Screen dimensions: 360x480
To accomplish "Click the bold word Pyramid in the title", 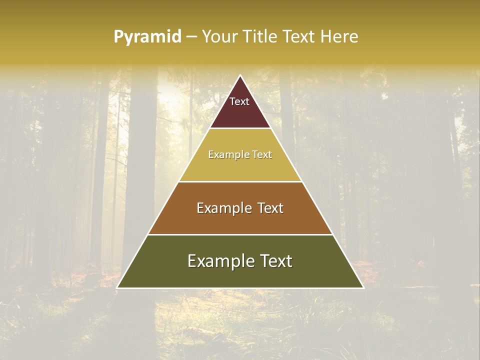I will tap(147, 36).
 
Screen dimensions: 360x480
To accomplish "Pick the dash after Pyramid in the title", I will tap(191, 37).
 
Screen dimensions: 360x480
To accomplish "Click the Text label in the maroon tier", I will tap(239, 101).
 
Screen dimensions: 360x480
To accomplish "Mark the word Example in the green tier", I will tap(218, 261).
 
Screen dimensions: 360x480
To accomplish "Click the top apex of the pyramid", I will tap(240, 76).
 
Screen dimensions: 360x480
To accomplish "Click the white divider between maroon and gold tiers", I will tap(240, 128).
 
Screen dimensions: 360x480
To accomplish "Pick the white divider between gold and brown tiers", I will tap(240, 181).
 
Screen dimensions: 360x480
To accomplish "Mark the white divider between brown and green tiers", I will tap(240, 234).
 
